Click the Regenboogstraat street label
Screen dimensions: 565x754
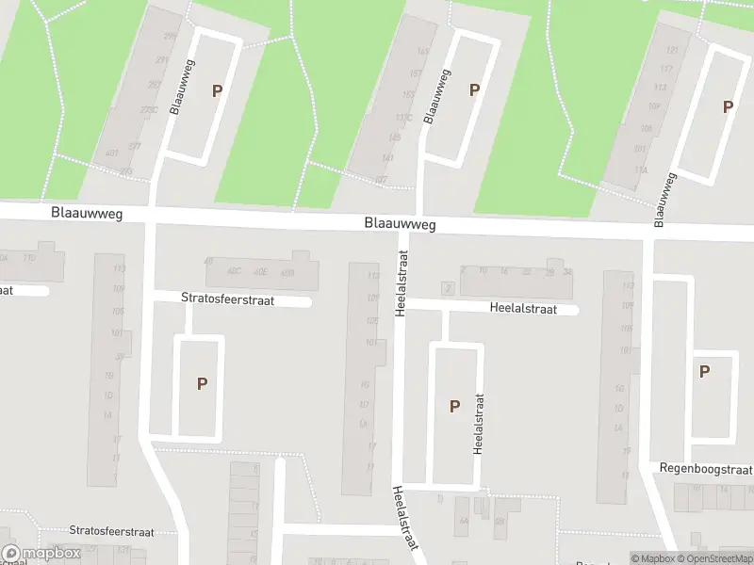pyautogui.click(x=706, y=469)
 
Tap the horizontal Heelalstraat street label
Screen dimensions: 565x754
pyautogui.click(x=523, y=308)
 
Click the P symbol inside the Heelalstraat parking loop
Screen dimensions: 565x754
pyautogui.click(x=454, y=406)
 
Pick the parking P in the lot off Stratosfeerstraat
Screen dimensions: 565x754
pyautogui.click(x=201, y=383)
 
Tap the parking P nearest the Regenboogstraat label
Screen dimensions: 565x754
pyautogui.click(x=704, y=371)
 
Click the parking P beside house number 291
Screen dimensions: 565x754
pyautogui.click(x=218, y=91)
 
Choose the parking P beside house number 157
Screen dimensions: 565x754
pyautogui.click(x=474, y=89)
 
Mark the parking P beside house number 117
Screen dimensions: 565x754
pyautogui.click(x=727, y=107)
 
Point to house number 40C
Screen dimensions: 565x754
pyautogui.click(x=234, y=271)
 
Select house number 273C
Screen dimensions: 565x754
pyautogui.click(x=149, y=110)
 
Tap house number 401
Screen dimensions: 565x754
pyautogui.click(x=112, y=153)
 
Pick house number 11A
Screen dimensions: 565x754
pyautogui.click(x=642, y=169)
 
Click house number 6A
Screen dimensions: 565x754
pyautogui.click(x=462, y=521)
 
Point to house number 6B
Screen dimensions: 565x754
pyautogui.click(x=500, y=521)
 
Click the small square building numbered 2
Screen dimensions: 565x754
pyautogui.click(x=449, y=288)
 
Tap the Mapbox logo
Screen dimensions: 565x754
pyautogui.click(x=41, y=554)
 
